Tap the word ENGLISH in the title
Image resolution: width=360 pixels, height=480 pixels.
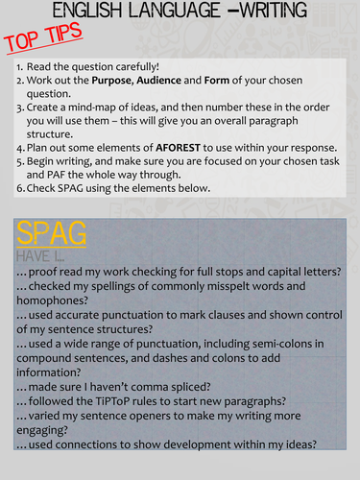[94, 12]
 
